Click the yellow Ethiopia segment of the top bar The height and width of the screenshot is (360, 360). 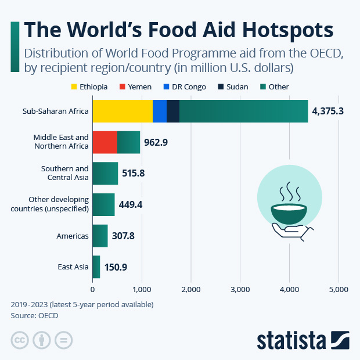(122, 111)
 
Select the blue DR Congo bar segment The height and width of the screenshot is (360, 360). (160, 111)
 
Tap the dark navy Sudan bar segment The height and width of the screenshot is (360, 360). (173, 111)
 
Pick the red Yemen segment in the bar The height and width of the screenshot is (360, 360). (105, 142)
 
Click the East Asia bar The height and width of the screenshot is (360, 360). (96, 267)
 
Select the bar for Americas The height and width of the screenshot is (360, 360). (100, 236)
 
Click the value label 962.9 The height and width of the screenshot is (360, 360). (156, 142)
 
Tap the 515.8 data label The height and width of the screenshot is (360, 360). (134, 173)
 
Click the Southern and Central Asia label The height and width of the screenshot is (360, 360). (64, 173)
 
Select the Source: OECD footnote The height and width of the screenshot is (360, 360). (34, 315)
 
